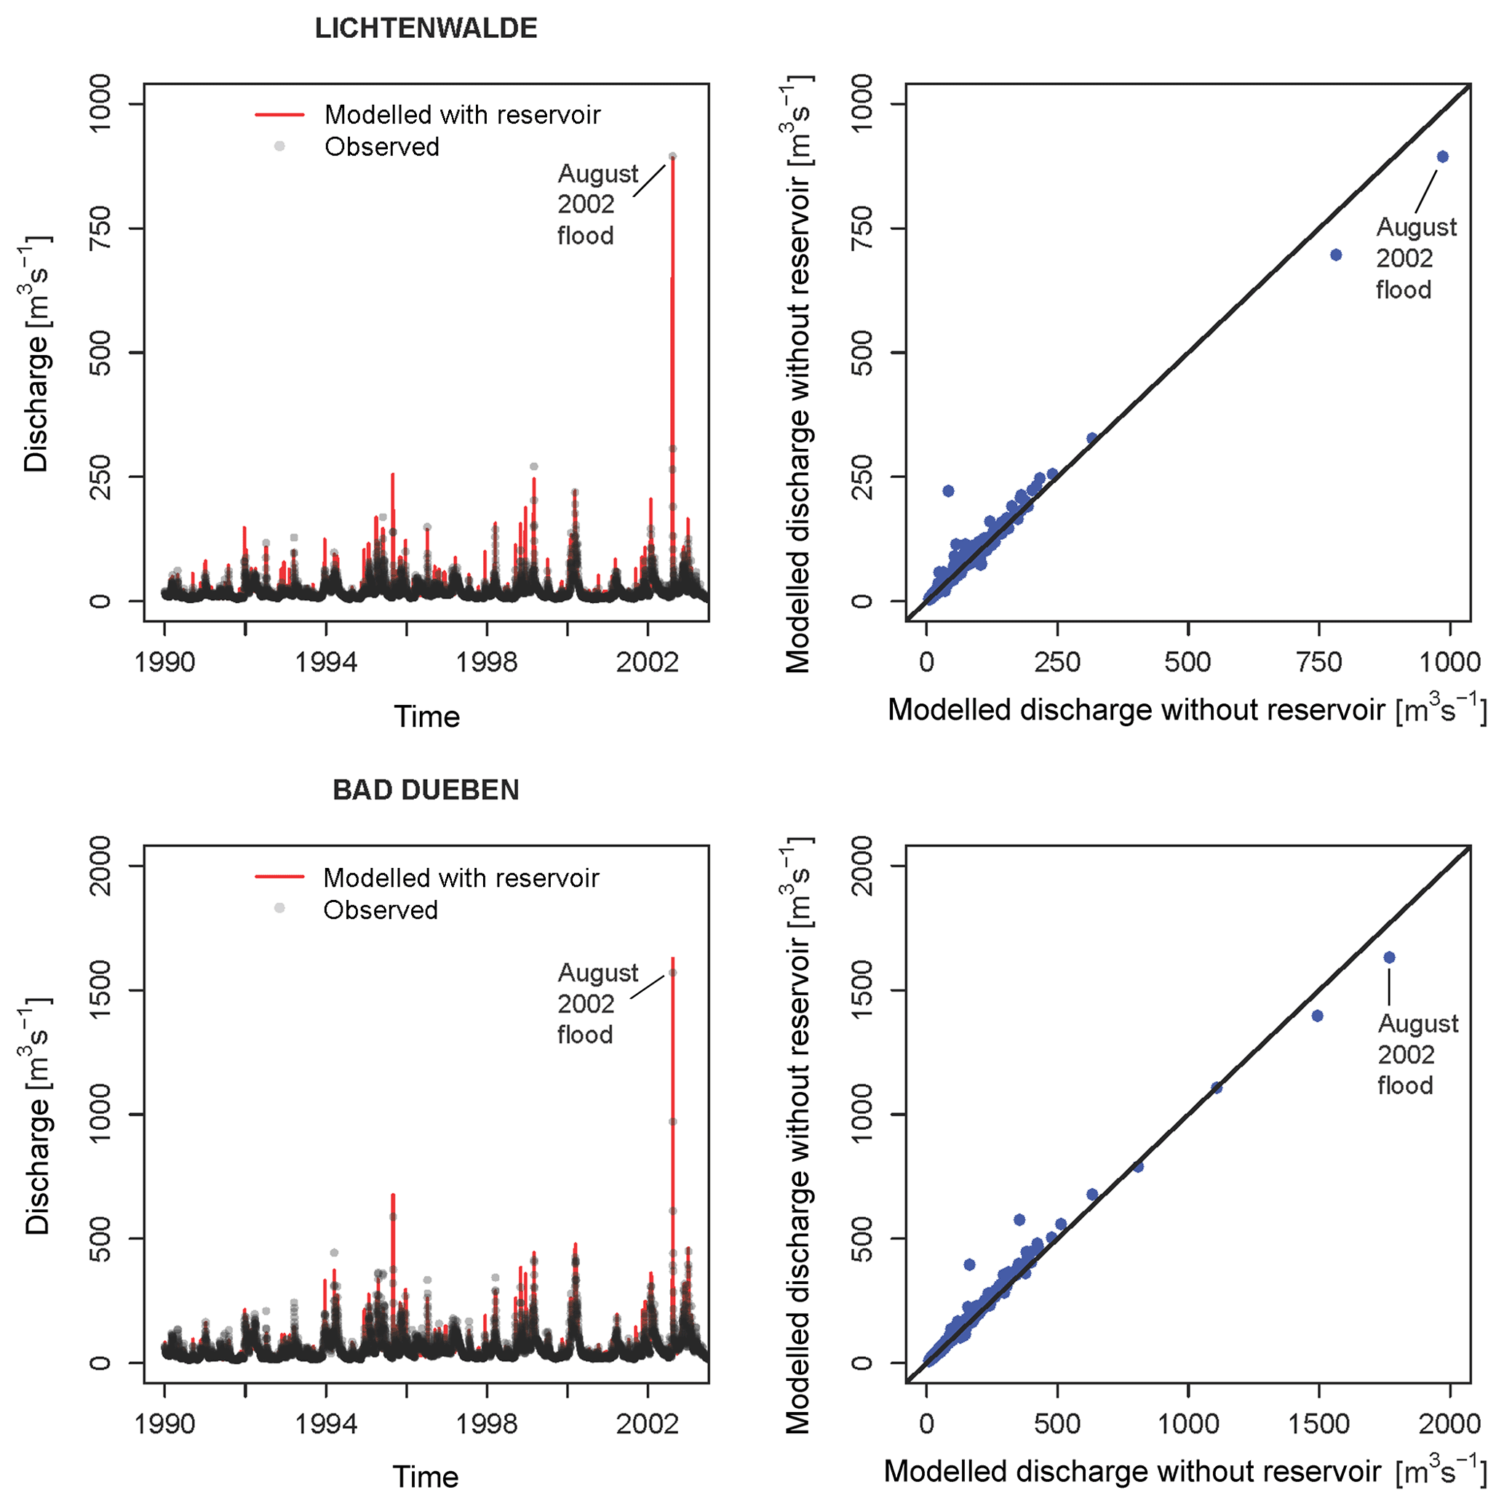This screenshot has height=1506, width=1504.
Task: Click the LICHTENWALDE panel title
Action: tap(426, 29)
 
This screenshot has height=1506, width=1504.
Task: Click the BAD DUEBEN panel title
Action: tap(426, 790)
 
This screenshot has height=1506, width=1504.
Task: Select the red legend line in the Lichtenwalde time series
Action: tap(279, 116)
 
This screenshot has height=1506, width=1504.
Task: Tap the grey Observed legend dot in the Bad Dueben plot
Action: tap(279, 908)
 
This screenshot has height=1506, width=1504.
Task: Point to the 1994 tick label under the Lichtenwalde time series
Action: tap(326, 663)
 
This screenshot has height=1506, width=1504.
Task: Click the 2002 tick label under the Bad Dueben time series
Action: tap(647, 1425)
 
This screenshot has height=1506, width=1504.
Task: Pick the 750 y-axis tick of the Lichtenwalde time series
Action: tap(100, 228)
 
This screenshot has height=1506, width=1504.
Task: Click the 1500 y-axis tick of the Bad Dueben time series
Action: tap(100, 990)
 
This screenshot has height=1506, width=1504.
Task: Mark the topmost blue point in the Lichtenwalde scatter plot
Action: tap(1442, 156)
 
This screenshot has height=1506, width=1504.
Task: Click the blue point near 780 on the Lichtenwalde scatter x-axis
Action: tap(1336, 255)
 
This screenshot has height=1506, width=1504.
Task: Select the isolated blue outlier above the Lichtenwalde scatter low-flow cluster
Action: tap(948, 491)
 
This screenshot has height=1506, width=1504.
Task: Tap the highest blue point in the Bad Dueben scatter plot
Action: tap(1389, 957)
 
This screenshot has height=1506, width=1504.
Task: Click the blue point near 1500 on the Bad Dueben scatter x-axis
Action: tap(1318, 1016)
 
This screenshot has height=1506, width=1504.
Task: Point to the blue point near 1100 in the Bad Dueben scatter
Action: tap(1217, 1088)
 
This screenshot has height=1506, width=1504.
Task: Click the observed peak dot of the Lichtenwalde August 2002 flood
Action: tap(672, 156)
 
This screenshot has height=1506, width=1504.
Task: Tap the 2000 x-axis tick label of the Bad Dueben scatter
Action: tap(1449, 1425)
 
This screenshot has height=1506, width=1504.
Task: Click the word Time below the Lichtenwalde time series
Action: tap(426, 717)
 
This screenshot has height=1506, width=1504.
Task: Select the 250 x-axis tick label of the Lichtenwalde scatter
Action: tap(1057, 663)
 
